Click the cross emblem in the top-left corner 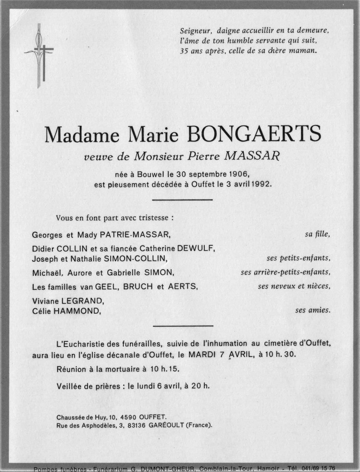[39, 55]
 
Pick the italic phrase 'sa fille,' [317, 234]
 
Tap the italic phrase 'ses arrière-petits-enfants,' [285, 272]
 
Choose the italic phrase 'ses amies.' [313, 310]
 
